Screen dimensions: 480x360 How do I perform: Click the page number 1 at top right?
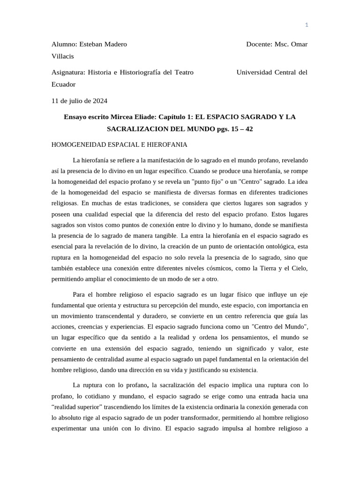(307, 25)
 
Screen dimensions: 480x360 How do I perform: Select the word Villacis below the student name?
(62, 56)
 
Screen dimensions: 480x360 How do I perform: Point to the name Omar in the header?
(299, 44)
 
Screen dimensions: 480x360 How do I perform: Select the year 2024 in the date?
(99, 100)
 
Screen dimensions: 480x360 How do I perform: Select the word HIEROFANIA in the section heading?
(168, 144)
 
